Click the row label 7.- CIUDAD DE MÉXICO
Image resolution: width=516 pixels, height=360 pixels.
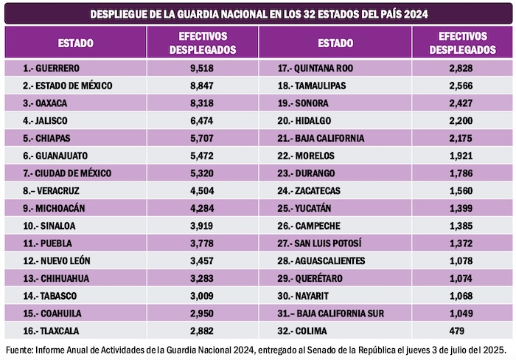pos(67,173)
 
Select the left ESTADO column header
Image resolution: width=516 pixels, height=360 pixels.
pos(75,43)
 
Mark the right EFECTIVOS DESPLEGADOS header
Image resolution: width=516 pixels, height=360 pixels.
pos(462,43)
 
